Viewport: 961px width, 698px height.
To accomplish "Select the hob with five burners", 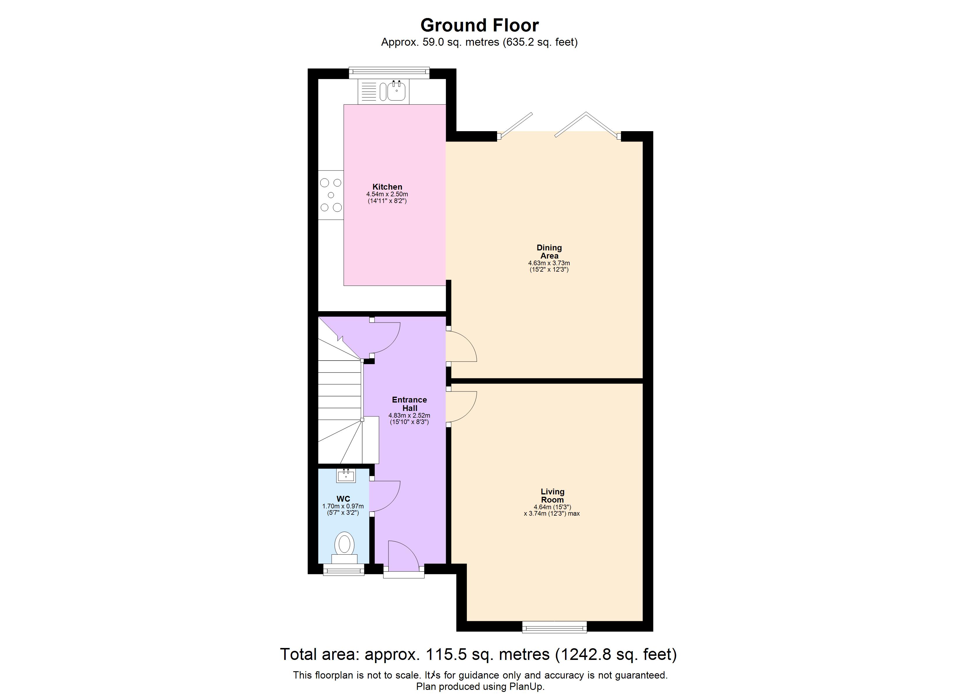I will pos(331,195).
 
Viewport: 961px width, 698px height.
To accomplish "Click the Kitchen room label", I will pos(387,187).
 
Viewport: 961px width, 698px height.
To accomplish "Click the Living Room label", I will pos(552,495).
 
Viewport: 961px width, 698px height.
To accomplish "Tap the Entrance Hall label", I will pos(409,404).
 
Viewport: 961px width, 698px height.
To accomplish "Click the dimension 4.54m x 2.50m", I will pos(387,194).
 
